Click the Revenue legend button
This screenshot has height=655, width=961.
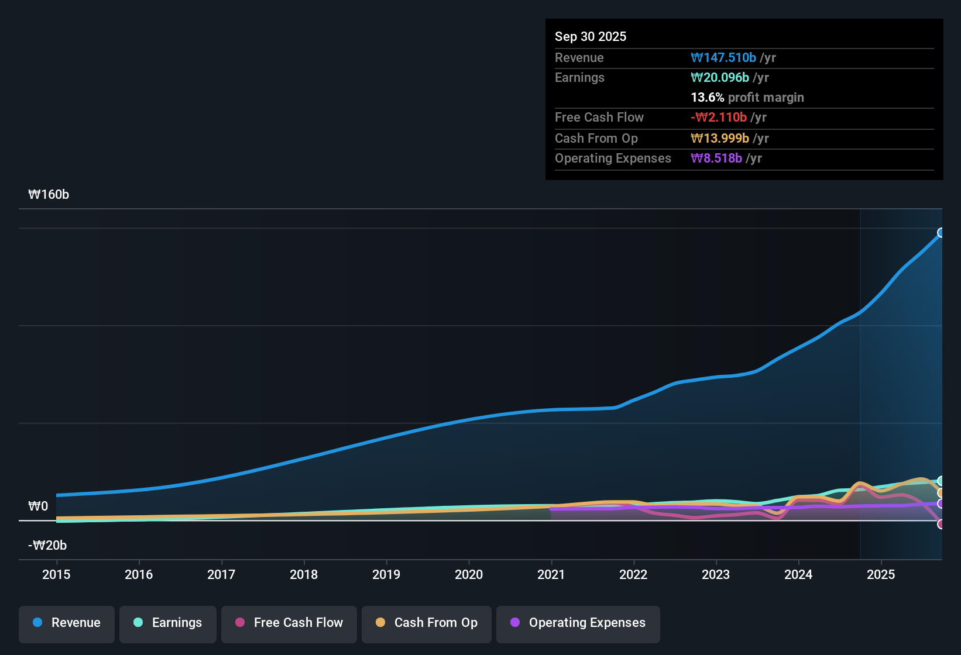(x=67, y=623)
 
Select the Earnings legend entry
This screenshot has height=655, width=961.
(x=168, y=623)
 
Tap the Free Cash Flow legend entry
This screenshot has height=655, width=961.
(x=289, y=623)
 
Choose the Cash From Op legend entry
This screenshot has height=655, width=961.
(x=427, y=623)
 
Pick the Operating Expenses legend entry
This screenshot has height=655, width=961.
(x=578, y=623)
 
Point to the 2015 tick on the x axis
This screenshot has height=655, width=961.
(x=56, y=574)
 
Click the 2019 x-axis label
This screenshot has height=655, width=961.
(x=386, y=574)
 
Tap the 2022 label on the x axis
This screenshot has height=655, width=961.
(x=633, y=574)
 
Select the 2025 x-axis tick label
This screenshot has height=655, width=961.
(x=881, y=574)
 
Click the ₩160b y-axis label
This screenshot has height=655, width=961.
(x=49, y=195)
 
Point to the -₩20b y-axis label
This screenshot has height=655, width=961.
(x=47, y=546)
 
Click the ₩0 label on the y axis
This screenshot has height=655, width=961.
(x=38, y=506)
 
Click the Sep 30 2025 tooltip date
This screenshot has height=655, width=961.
(x=591, y=36)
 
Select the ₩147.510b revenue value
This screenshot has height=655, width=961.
(x=723, y=58)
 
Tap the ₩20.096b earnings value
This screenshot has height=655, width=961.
(x=720, y=78)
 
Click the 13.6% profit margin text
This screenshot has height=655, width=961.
(x=747, y=98)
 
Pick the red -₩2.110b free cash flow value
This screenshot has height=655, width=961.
(x=719, y=118)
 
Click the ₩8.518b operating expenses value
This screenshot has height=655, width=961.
(x=716, y=158)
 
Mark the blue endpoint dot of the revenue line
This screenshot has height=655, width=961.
(x=941, y=233)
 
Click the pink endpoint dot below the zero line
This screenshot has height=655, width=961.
(x=941, y=524)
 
